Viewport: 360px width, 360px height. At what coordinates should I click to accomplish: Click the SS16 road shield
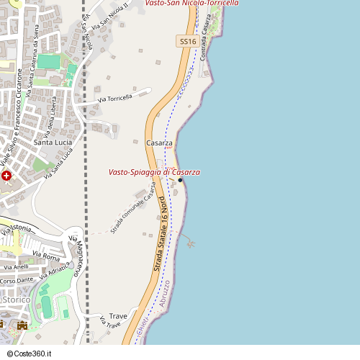(x=187, y=42)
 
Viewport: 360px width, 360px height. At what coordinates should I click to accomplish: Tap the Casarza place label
(x=159, y=143)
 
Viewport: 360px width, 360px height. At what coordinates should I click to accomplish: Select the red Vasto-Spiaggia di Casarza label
(x=154, y=173)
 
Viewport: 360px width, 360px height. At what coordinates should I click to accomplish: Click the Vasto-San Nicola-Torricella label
(x=192, y=4)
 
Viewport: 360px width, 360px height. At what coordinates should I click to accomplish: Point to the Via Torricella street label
(x=115, y=98)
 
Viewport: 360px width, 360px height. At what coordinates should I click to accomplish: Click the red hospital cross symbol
(x=6, y=176)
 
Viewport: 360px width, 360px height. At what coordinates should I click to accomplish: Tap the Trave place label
(x=118, y=315)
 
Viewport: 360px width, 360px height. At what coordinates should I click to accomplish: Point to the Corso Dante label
(x=17, y=280)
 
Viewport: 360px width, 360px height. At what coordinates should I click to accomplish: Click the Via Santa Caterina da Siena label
(x=32, y=68)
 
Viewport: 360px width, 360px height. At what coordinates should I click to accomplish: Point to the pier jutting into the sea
(x=188, y=240)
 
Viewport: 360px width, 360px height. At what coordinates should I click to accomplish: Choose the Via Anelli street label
(x=16, y=267)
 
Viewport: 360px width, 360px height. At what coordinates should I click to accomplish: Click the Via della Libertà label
(x=50, y=120)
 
